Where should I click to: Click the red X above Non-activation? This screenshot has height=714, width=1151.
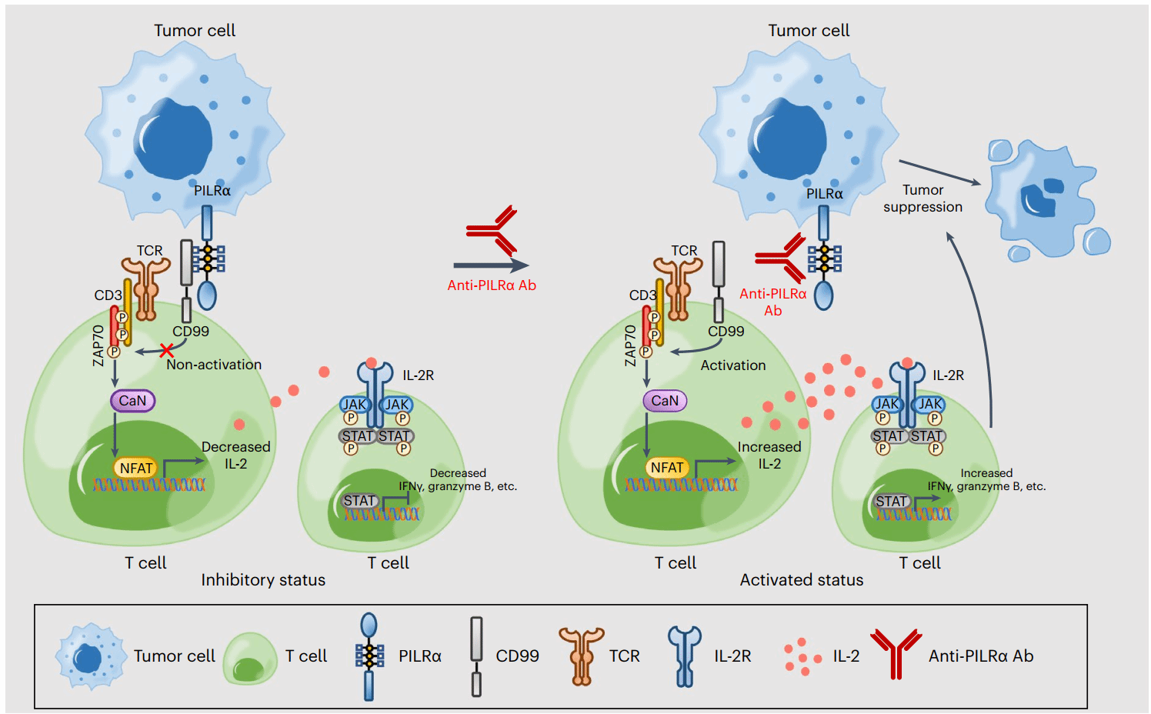(165, 350)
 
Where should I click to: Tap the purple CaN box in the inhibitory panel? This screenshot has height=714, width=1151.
(132, 401)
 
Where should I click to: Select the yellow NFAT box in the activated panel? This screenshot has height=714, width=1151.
(666, 468)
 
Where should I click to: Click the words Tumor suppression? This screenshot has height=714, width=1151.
(922, 199)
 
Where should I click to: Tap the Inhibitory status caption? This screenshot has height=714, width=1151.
(263, 580)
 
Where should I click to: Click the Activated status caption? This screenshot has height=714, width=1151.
(802, 580)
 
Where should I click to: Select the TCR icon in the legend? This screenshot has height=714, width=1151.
(582, 656)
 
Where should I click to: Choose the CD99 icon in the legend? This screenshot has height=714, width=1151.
(477, 656)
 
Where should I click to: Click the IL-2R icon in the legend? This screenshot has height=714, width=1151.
(685, 656)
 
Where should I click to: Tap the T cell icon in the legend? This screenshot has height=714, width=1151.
(250, 658)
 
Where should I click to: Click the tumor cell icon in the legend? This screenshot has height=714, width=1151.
(90, 657)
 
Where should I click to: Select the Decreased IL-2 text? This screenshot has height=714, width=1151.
(235, 455)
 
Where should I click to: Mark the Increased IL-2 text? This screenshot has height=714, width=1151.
(769, 455)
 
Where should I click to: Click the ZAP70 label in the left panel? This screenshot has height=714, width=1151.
(98, 345)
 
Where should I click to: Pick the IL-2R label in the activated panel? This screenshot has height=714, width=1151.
(948, 375)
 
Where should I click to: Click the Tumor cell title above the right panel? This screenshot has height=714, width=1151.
(809, 31)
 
